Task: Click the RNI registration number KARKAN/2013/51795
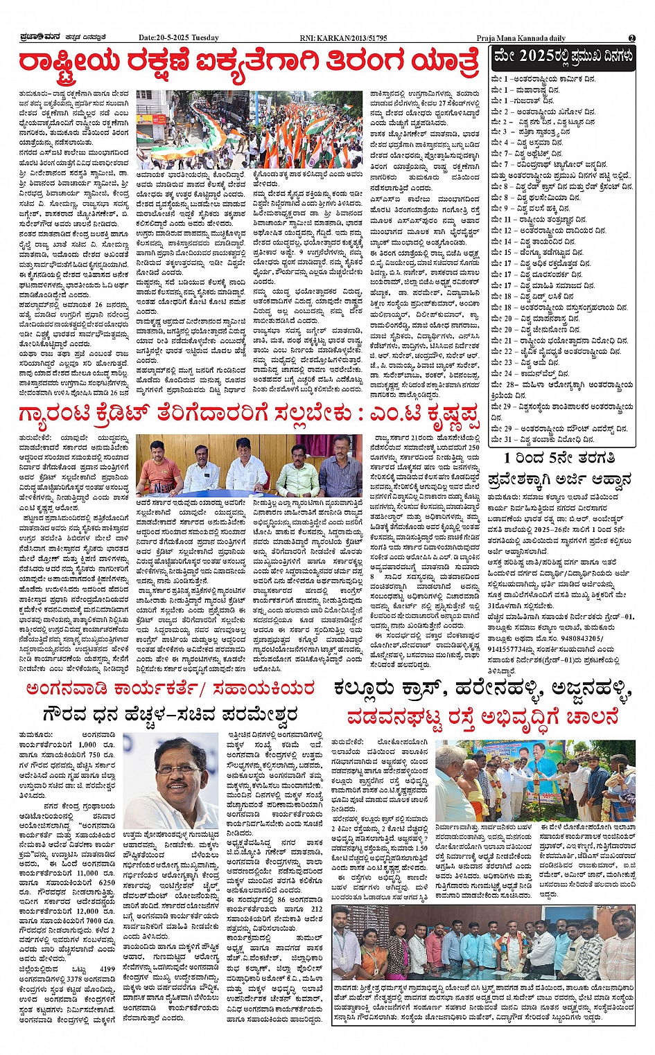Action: [353, 38]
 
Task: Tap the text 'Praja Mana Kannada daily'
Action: [521, 38]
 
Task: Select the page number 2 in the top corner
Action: [632, 38]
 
